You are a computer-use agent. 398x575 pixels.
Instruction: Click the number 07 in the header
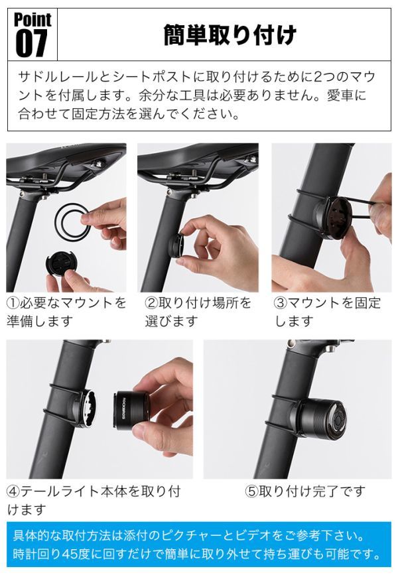32,43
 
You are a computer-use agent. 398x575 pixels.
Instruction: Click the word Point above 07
33,20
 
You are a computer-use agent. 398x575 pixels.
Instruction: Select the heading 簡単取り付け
230,35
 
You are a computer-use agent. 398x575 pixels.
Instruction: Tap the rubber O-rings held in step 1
72,220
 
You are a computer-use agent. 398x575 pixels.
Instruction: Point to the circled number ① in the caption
13,303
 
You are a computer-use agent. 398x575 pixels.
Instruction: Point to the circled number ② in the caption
151,303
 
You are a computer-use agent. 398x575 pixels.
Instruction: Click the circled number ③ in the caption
280,303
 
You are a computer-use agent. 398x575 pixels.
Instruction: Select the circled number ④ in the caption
13,491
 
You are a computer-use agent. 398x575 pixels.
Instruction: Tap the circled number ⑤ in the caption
252,491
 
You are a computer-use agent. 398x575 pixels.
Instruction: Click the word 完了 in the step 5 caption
324,491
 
